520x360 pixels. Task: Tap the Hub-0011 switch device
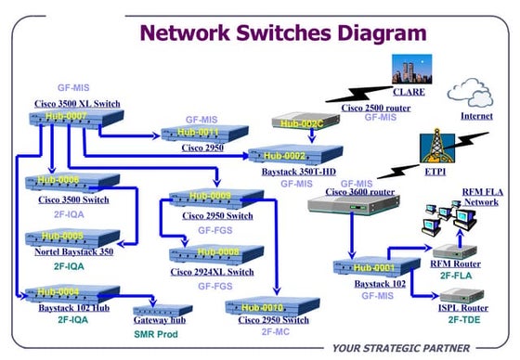(x=198, y=133)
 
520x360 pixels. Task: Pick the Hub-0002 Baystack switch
(x=283, y=154)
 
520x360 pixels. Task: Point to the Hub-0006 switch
(x=62, y=182)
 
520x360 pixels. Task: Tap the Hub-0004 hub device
(x=60, y=292)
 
